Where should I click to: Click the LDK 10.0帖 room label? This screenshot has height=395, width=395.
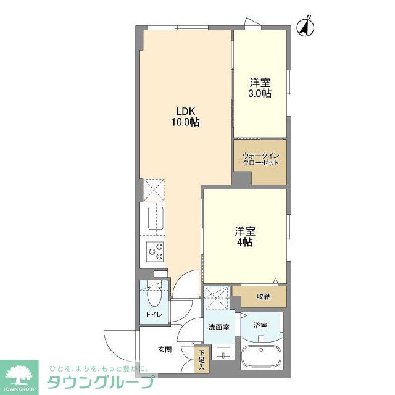coord(185,117)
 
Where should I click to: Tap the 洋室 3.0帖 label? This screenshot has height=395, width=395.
coord(260,88)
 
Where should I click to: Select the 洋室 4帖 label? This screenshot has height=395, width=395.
coord(244,237)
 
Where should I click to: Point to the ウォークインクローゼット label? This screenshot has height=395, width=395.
coord(260,159)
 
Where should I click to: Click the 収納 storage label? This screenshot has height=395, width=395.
coord(264,297)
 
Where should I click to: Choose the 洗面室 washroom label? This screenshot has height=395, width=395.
coord(218,327)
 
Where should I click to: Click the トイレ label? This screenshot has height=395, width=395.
coord(153,315)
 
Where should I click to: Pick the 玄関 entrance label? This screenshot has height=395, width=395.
coord(164,350)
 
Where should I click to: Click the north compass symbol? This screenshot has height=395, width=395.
coord(306,27)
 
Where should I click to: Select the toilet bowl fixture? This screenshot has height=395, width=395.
coord(154,298)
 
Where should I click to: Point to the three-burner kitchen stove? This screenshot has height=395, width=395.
coord(154,252)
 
